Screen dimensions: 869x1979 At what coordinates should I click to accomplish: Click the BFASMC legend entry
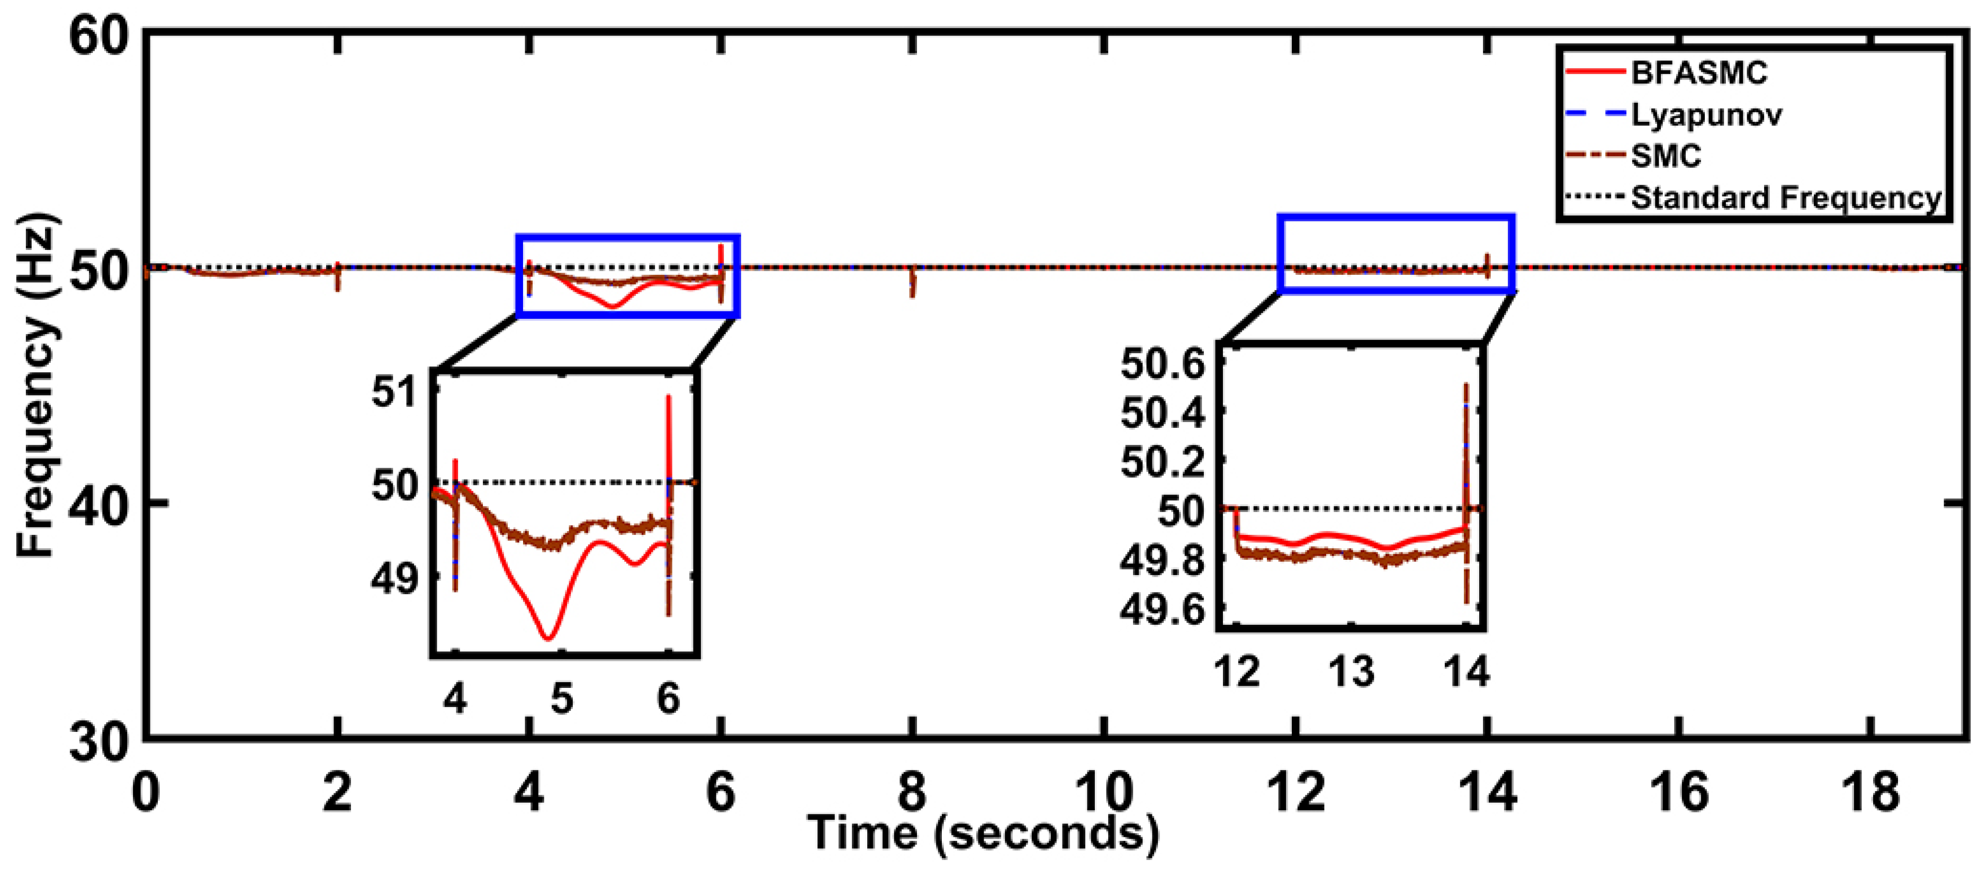click(1698, 73)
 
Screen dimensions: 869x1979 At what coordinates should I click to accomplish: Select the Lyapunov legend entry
click(1705, 115)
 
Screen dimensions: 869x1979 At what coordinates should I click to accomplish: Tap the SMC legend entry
click(1666, 157)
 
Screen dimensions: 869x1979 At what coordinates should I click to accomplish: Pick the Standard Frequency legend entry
click(1785, 198)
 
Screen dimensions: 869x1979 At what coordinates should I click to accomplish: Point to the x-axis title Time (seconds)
click(983, 834)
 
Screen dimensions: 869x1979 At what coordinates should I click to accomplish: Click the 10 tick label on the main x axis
click(1104, 791)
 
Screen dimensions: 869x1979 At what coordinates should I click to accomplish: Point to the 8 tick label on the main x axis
click(912, 791)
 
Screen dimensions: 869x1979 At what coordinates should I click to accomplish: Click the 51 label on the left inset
click(393, 392)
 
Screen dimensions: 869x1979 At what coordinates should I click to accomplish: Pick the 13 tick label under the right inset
click(1351, 671)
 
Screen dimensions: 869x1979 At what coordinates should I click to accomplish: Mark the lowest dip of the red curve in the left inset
click(548, 638)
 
